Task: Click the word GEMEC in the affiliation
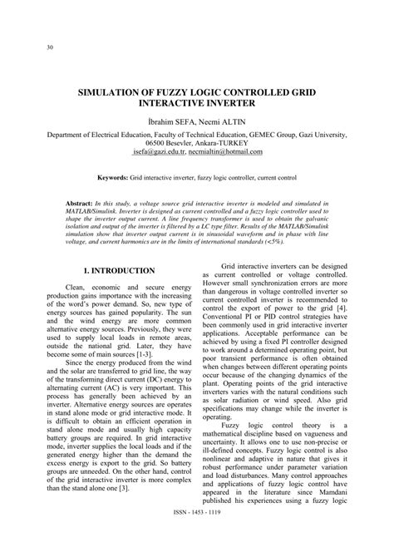coord(273,133)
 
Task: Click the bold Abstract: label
coord(81,203)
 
